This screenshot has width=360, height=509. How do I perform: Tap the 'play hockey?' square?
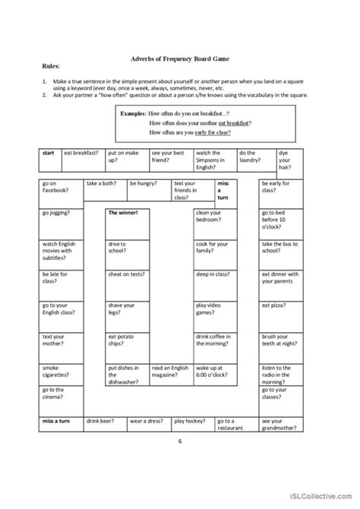pyautogui.click(x=192, y=422)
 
